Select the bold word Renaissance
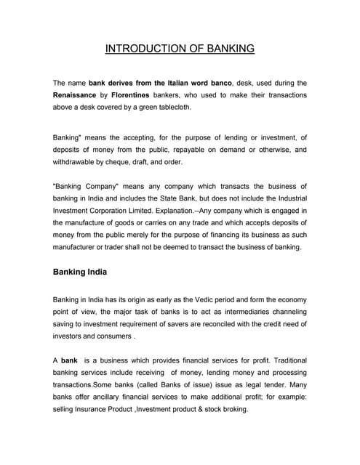tap(79, 94)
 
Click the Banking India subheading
tap(80, 273)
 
